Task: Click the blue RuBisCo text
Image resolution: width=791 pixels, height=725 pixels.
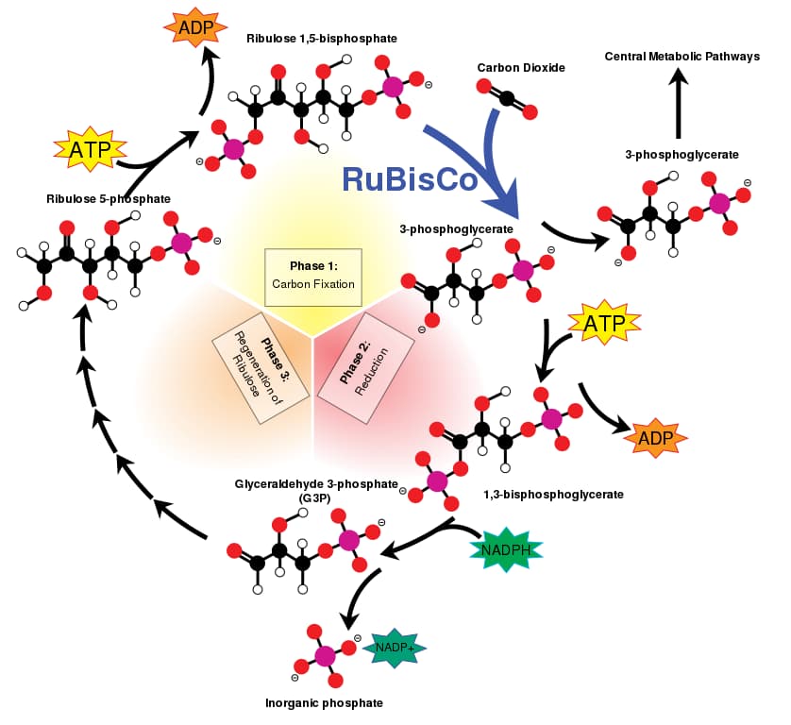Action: tap(409, 178)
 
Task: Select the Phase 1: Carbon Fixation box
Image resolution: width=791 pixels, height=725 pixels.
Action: tap(313, 275)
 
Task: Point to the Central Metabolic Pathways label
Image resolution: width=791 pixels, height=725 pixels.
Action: tap(682, 57)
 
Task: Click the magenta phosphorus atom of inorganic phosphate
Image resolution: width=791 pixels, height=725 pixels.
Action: tap(326, 654)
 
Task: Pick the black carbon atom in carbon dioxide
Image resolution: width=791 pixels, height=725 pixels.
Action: tap(507, 98)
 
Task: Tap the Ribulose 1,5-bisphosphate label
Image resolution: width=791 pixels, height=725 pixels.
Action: tap(322, 39)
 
